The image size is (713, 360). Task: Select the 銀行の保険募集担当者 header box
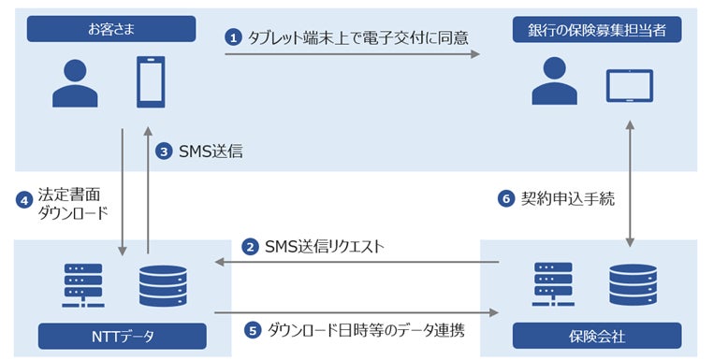[597, 29]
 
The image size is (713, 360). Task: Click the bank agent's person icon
[555, 82]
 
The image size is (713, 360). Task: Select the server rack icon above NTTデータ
[82, 285]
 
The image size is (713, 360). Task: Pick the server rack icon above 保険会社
[552, 285]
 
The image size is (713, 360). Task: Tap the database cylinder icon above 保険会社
[629, 285]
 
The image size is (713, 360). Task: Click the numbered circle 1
[234, 37]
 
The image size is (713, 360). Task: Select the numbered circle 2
[250, 247]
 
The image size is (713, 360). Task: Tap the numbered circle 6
[505, 199]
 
